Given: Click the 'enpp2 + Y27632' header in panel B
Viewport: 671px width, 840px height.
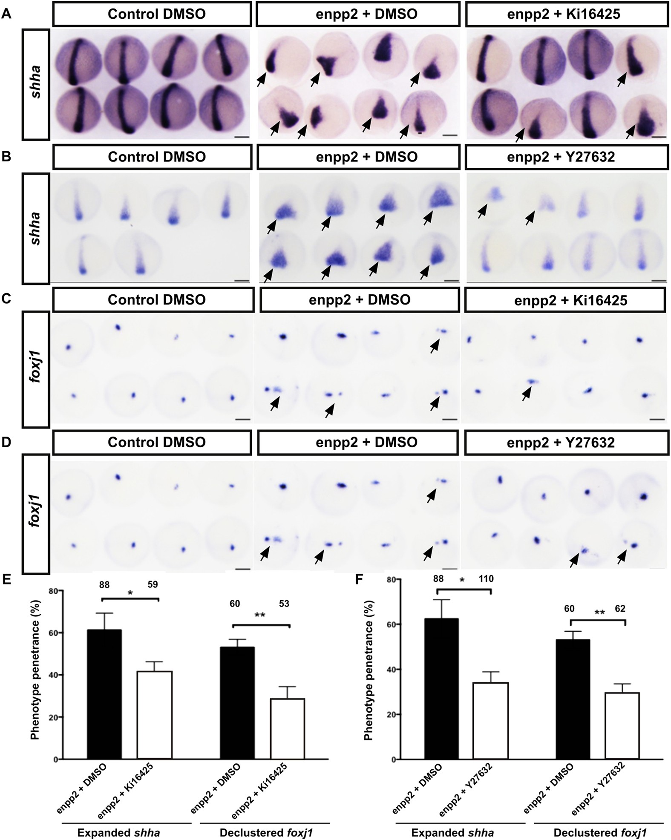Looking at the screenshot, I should coord(561,157).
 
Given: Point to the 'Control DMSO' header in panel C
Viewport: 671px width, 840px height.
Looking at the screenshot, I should coord(156,299).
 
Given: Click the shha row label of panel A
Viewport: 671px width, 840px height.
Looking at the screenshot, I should coord(37,84).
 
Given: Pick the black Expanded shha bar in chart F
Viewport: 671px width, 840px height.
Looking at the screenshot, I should coord(445,694).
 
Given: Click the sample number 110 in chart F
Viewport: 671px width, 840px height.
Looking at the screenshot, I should coord(486,578).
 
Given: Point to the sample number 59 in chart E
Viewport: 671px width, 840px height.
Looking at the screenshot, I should coord(152,584).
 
